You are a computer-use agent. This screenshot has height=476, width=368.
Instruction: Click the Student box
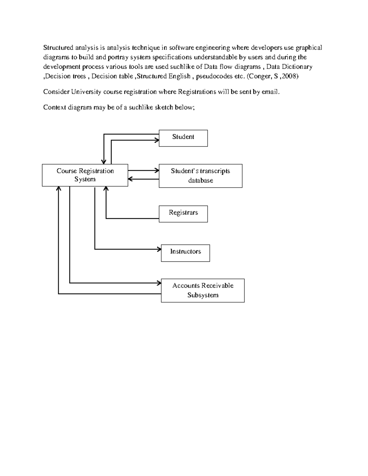(183, 138)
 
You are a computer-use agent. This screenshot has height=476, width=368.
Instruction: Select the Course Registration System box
(85, 175)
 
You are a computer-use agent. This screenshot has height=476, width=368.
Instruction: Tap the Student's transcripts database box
(201, 176)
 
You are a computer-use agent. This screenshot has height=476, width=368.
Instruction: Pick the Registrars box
(183, 214)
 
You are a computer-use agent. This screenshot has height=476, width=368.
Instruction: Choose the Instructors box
(185, 253)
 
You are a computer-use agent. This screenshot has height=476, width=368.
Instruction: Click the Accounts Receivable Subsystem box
(203, 291)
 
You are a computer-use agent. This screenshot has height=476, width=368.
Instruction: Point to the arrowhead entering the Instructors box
(159, 249)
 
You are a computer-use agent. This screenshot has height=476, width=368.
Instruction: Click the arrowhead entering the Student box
(157, 140)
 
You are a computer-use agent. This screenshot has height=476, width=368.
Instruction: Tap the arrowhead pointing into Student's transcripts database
(157, 170)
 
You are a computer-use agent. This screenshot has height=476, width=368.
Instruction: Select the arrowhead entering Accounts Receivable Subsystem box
(159, 283)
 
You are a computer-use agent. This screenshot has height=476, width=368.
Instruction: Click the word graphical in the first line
(309, 48)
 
